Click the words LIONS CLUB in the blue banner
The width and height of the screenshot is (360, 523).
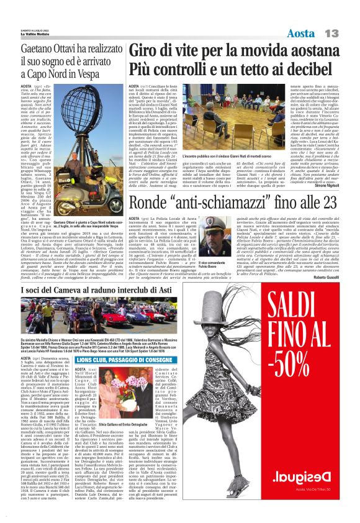click(97, 360)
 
